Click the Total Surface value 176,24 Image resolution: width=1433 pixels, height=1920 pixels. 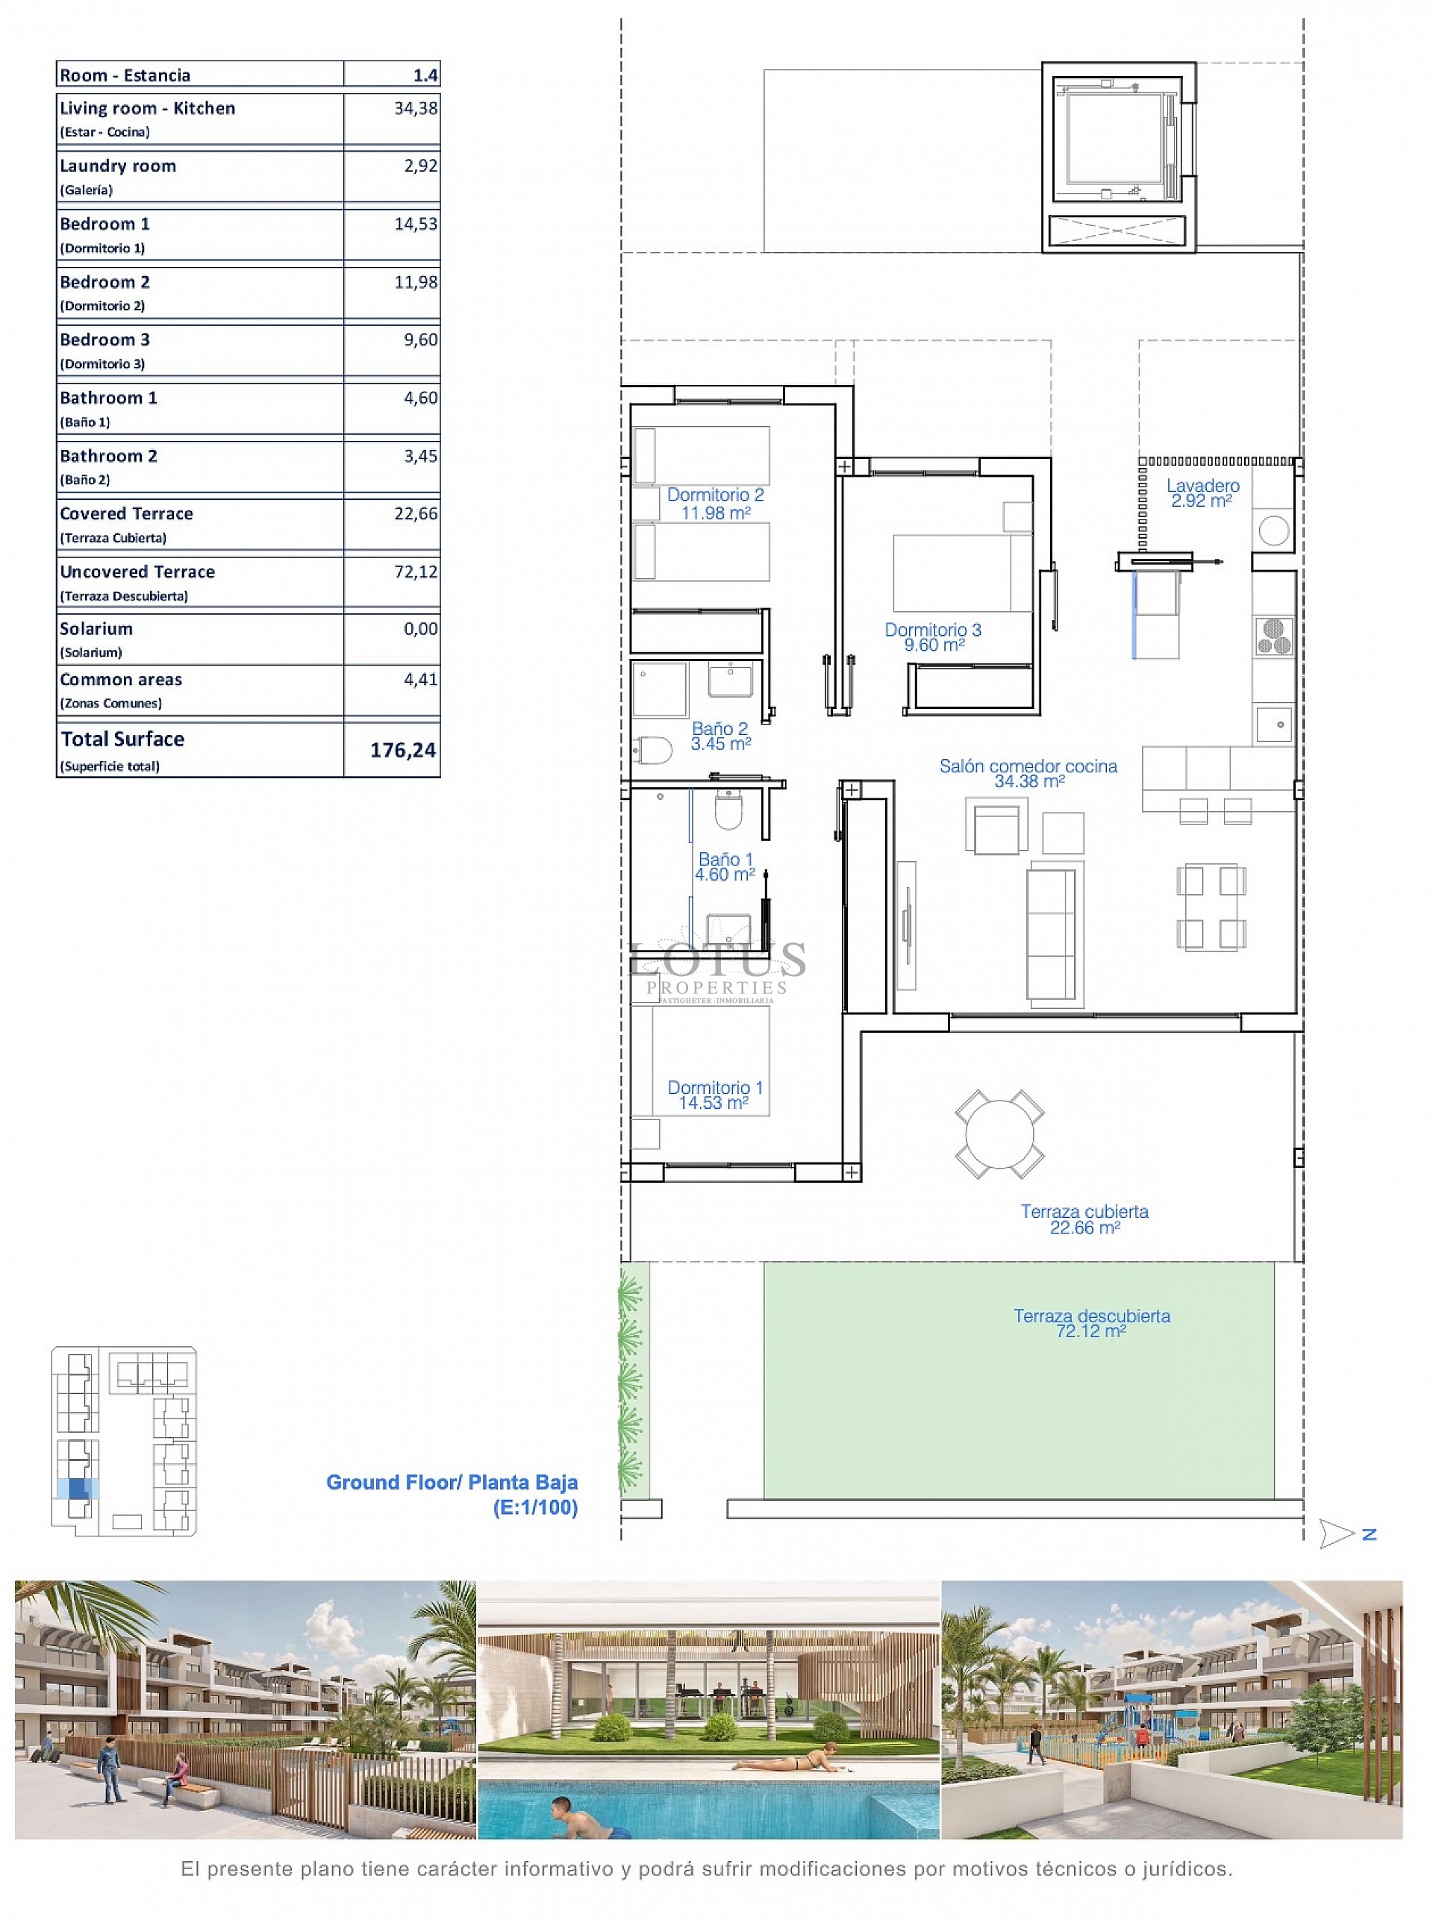(x=402, y=750)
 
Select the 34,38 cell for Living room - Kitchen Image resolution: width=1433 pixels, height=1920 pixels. (x=416, y=108)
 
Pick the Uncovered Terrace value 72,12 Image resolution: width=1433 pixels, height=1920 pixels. (x=416, y=572)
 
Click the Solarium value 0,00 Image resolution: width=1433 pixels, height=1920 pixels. (x=421, y=629)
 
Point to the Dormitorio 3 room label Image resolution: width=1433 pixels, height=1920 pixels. (x=932, y=637)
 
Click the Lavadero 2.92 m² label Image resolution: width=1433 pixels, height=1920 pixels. (x=1202, y=492)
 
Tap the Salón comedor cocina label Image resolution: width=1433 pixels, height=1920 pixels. (x=1028, y=772)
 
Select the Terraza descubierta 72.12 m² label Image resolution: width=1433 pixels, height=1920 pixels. (x=1091, y=1322)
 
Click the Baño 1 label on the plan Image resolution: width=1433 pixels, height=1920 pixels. (x=725, y=866)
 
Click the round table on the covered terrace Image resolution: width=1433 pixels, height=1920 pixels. (x=999, y=1133)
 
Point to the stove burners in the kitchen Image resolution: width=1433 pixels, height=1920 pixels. (x=1273, y=635)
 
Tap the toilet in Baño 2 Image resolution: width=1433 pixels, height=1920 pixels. (x=653, y=749)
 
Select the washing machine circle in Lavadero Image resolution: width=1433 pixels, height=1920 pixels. (x=1273, y=530)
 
